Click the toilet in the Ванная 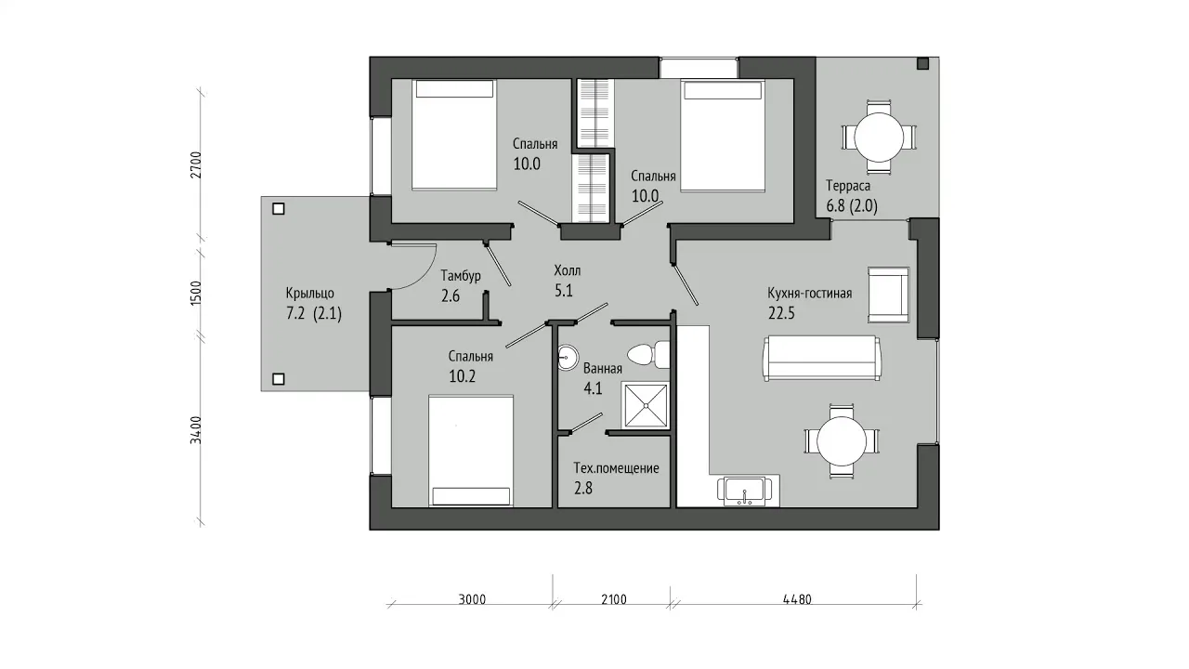click(x=648, y=354)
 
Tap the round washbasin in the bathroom click(x=568, y=358)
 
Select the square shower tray click(x=646, y=405)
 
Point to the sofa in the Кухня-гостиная click(x=822, y=358)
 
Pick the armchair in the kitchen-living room click(x=889, y=295)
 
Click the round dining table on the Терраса click(x=879, y=137)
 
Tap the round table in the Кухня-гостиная click(x=842, y=441)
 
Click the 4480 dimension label click(x=797, y=599)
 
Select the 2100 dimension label click(x=614, y=599)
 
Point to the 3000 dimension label click(x=473, y=599)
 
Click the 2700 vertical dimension click(x=196, y=164)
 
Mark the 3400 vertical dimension click(x=196, y=430)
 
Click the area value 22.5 click(x=781, y=313)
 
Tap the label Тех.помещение click(x=616, y=468)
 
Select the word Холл click(x=568, y=270)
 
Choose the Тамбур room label click(x=461, y=276)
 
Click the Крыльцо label click(x=310, y=294)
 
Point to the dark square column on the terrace click(x=923, y=64)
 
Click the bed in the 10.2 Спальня click(x=471, y=451)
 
